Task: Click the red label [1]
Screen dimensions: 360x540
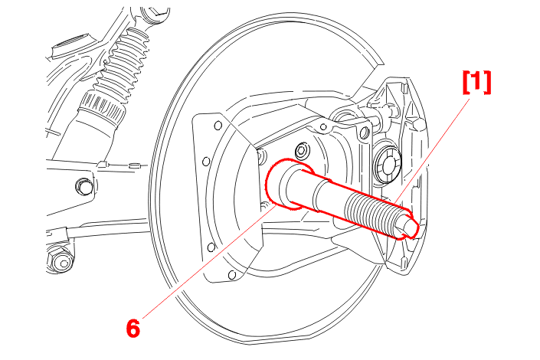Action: click(x=476, y=82)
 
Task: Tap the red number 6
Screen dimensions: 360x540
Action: click(x=133, y=328)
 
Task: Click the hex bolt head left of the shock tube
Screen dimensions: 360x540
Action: click(x=82, y=186)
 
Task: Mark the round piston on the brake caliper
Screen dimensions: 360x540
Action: click(x=387, y=164)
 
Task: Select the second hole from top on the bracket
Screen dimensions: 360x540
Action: click(x=205, y=162)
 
